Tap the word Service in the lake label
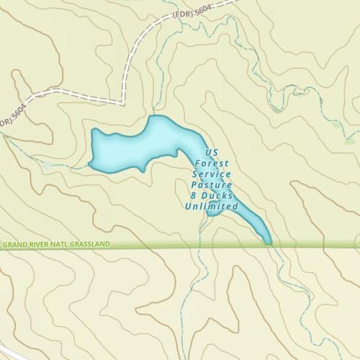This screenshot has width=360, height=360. [x=212, y=174]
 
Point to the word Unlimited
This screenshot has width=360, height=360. [x=211, y=207]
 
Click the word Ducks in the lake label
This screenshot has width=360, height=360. [x=215, y=196]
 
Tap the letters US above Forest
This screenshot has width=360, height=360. [x=212, y=153]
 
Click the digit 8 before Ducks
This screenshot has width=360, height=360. [x=194, y=196]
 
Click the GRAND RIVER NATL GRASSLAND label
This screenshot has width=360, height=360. [x=55, y=245]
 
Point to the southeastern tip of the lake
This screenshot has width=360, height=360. [x=268, y=241]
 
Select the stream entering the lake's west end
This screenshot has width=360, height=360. [x=68, y=166]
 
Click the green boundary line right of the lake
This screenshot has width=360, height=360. [x=317, y=246]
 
